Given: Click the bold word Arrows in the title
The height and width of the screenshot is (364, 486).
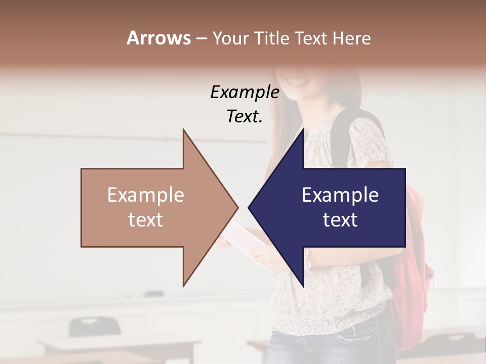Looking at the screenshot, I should point(158,38).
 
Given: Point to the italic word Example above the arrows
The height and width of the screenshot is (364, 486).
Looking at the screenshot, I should point(245,93).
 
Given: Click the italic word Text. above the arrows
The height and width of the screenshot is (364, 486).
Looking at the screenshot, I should point(245,117).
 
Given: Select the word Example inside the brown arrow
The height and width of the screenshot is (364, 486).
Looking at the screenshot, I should point(146,195).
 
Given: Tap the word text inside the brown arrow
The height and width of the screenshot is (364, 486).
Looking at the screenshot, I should point(146,220).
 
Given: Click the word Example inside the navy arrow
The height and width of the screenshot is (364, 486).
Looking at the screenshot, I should point(340,195).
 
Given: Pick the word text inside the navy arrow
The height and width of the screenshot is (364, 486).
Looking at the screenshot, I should point(340,220).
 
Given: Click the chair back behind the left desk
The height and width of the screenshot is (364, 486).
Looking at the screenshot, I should point(95,326).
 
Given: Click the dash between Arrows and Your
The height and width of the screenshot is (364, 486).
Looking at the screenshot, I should point(201,39).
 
